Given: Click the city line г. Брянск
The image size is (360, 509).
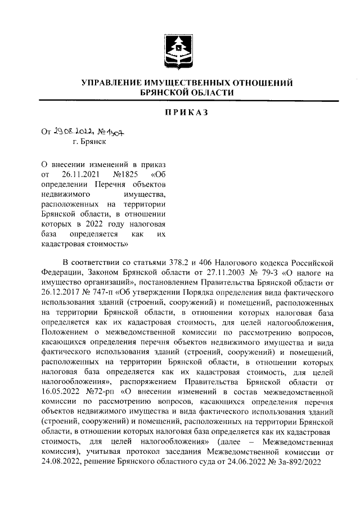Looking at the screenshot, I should [x=82, y=143].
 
